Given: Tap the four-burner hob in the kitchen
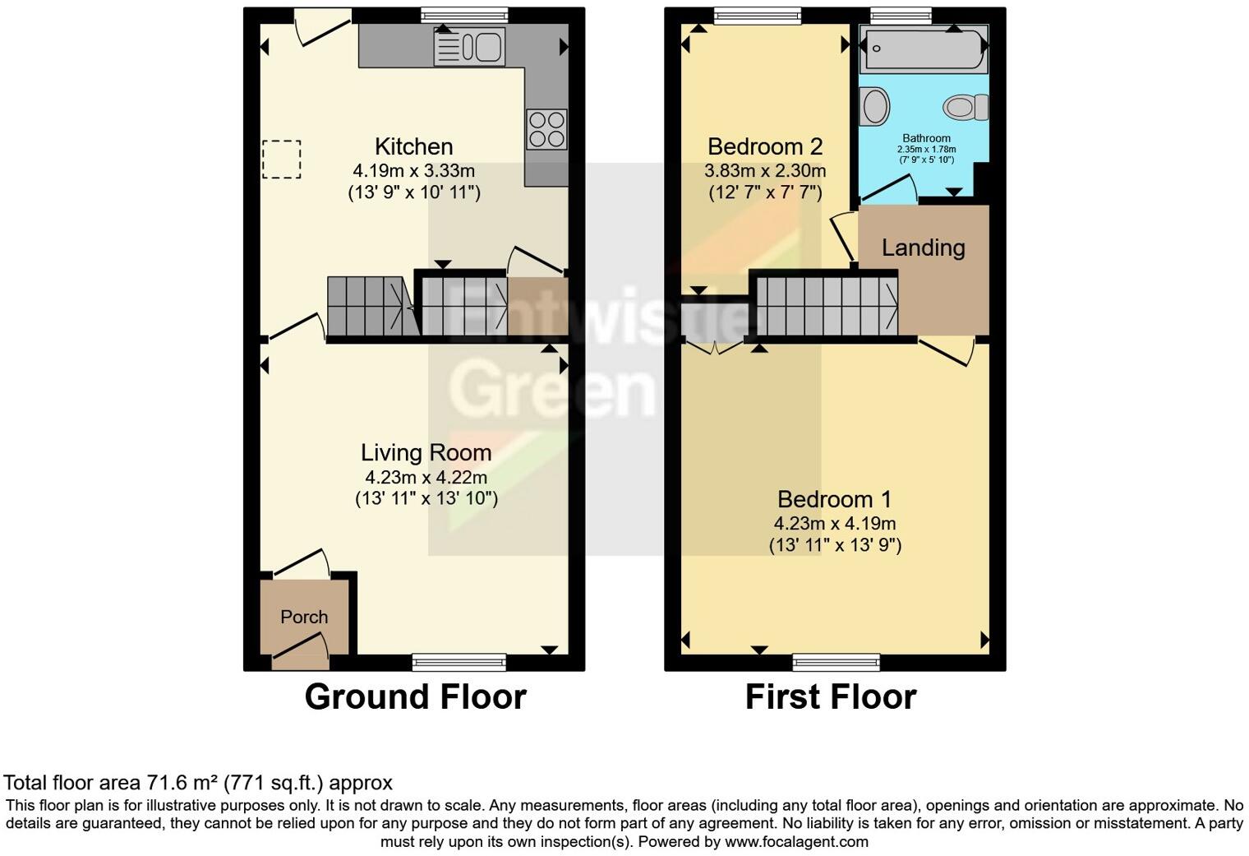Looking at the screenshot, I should coord(546,130).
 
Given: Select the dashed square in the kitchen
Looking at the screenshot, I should coord(282,160).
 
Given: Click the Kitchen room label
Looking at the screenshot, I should coord(413,147).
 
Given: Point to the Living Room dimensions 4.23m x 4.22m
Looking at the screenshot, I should coord(426,477).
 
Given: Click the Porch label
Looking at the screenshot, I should coord(304,617).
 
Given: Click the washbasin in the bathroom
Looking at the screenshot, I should coord(874,107).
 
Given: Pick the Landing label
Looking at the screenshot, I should coord(923,248).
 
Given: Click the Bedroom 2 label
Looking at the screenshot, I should coord(764,147).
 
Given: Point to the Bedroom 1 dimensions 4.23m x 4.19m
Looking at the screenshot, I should coord(834,524).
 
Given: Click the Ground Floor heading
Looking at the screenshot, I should coord(415,697).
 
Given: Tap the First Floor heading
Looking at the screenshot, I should coord(830,697).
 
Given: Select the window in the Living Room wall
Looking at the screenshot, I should coord(459,662).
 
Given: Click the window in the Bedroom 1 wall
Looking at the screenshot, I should coord(836,662).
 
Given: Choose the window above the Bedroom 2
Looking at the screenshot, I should coord(757,15).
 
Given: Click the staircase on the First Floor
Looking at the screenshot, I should coord(826,307).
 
